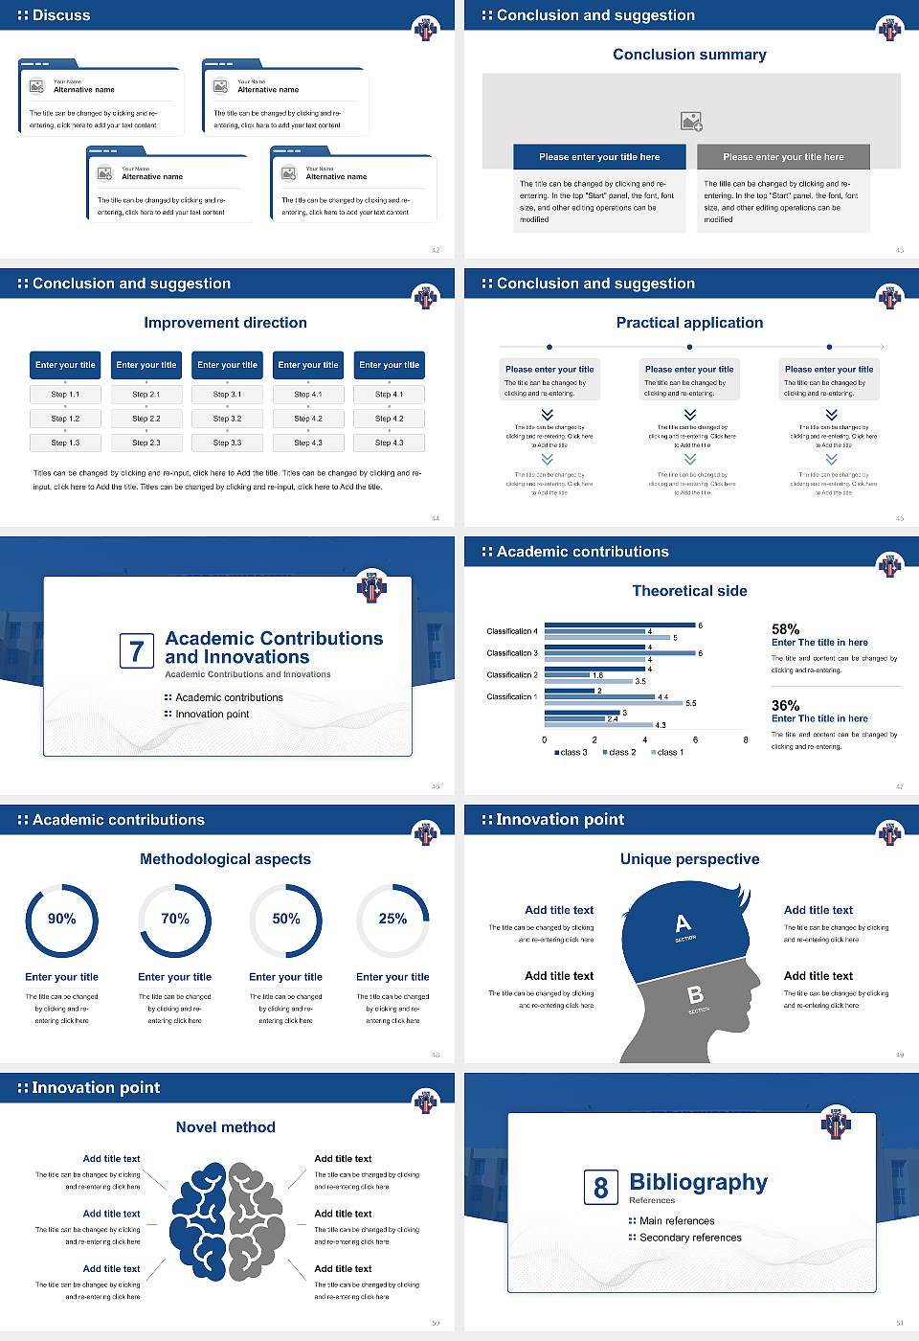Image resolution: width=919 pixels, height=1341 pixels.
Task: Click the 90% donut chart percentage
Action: (62, 919)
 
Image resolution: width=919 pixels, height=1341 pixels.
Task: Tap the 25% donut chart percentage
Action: (392, 919)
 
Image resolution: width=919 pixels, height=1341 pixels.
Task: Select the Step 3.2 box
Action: (227, 419)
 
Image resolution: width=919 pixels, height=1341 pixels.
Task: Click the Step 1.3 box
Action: (65, 443)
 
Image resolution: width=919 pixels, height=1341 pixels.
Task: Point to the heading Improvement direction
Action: (225, 323)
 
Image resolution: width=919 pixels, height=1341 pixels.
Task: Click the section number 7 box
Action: (136, 651)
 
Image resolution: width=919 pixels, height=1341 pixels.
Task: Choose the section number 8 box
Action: (600, 1188)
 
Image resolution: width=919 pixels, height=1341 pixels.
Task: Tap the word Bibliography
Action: (698, 1183)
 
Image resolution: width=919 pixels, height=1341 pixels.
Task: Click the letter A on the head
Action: (683, 923)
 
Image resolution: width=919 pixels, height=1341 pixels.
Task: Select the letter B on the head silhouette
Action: (696, 995)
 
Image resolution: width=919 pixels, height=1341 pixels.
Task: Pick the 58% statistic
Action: (785, 629)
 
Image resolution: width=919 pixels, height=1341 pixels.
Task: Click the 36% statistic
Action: (785, 705)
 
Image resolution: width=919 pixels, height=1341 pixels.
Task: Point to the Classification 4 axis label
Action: (512, 631)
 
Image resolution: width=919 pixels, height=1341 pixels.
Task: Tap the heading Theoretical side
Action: (689, 591)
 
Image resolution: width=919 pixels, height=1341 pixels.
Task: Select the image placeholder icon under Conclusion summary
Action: (691, 122)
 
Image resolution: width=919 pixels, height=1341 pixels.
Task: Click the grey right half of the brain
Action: (256, 1221)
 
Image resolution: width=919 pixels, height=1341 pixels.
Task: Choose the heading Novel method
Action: (225, 1127)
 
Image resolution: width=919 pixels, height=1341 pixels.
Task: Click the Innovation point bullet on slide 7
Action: (212, 714)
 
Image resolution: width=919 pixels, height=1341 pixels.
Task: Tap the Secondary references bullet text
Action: (689, 1238)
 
